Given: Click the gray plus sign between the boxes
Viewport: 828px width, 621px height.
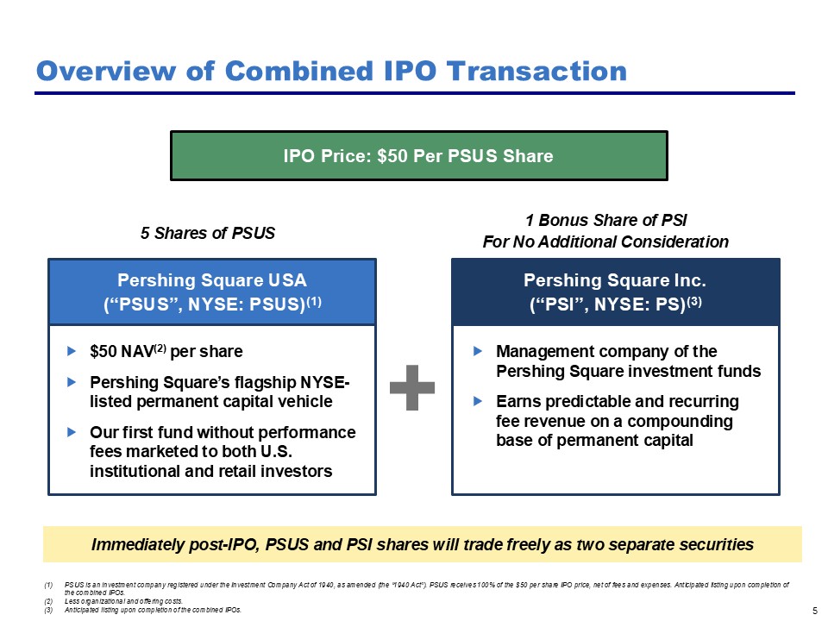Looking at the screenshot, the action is coord(412,387).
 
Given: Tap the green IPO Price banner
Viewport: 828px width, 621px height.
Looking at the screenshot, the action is coord(419,156).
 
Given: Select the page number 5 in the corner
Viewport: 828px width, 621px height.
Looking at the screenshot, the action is coord(815,611).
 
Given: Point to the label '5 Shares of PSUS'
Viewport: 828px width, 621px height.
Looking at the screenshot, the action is coord(208,233).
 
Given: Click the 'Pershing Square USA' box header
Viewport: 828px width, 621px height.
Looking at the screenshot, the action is coord(212,292).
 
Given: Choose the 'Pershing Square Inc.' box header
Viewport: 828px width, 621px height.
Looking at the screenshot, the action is coord(616,292).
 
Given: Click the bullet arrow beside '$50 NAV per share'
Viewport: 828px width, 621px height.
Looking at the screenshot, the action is coord(72,351).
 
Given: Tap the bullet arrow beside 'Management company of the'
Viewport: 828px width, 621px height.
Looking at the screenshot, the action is coord(478,351).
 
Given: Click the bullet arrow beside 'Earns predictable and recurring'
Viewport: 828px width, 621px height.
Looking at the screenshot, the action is coord(478,401).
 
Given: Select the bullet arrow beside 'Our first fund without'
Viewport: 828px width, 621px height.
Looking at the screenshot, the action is coord(72,432).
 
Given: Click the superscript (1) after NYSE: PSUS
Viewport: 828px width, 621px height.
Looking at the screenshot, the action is coord(314,301).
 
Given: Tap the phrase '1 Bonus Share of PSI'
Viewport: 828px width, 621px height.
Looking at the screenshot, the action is coord(605,220).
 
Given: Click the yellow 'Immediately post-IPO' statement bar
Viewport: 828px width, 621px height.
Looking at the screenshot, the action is coord(423,544).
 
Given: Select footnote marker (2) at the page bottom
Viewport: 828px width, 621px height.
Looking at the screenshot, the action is coord(48,601).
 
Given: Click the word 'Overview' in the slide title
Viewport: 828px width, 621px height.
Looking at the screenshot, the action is coord(106,71).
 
